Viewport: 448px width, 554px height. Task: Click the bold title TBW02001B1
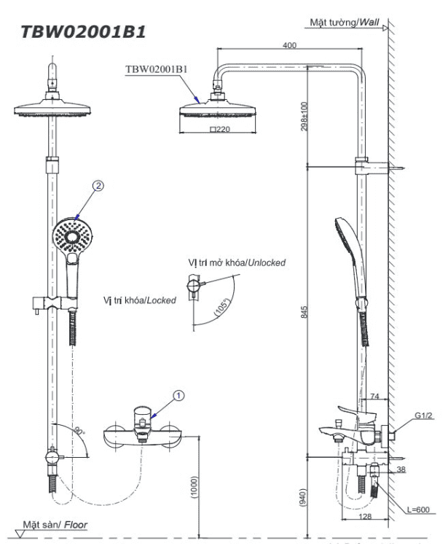point(82,31)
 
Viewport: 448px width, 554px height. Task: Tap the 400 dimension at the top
point(289,46)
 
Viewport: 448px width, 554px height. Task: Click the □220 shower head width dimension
point(219,129)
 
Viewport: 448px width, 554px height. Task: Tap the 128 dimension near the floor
point(366,516)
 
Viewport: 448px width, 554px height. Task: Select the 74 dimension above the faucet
point(375,397)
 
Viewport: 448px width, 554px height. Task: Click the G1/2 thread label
point(424,416)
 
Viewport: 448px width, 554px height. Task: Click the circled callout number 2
point(98,185)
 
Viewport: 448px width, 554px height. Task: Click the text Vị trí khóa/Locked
point(140,300)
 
